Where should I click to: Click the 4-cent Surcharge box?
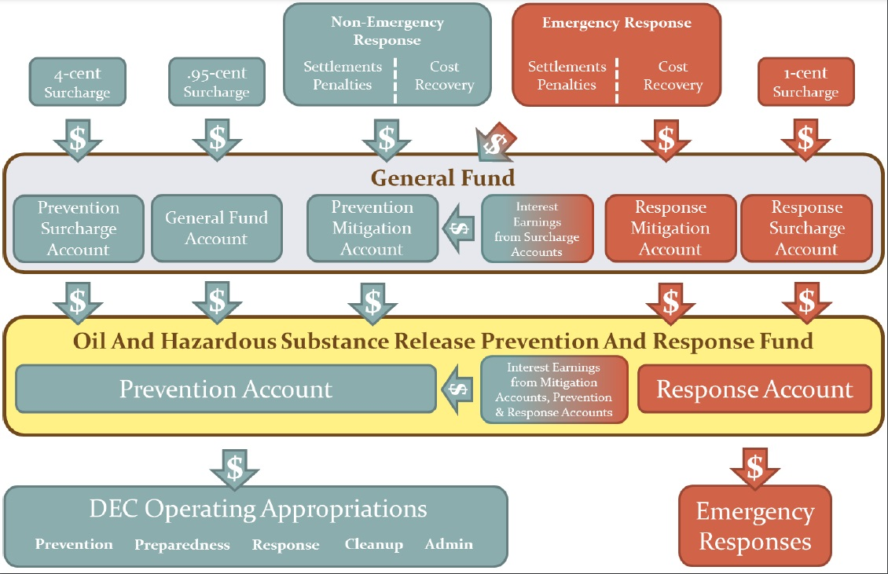pyautogui.click(x=77, y=82)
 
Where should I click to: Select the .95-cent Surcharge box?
pyautogui.click(x=216, y=82)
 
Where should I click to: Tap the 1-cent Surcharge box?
pyautogui.click(x=805, y=82)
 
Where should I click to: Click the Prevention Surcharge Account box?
pyautogui.click(x=79, y=229)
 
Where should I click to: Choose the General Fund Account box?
pyautogui.click(x=216, y=229)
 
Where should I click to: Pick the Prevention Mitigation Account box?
pyautogui.click(x=372, y=229)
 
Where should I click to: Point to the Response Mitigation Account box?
pyautogui.click(x=670, y=229)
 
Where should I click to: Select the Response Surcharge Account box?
pyautogui.click(x=806, y=229)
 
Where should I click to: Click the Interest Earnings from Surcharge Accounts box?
pyautogui.click(x=537, y=229)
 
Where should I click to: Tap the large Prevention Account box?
pyautogui.click(x=226, y=389)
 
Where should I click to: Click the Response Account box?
pyautogui.click(x=754, y=389)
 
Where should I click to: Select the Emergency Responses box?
pyautogui.click(x=754, y=526)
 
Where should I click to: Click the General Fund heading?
pyautogui.click(x=443, y=177)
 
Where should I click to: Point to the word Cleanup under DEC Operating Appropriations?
pyautogui.click(x=373, y=544)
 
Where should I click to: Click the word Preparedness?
pyautogui.click(x=182, y=545)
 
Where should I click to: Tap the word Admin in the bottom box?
pyautogui.click(x=449, y=544)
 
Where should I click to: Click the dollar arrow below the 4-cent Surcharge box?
pyautogui.click(x=78, y=138)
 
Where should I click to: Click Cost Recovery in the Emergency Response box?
pyautogui.click(x=673, y=76)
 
